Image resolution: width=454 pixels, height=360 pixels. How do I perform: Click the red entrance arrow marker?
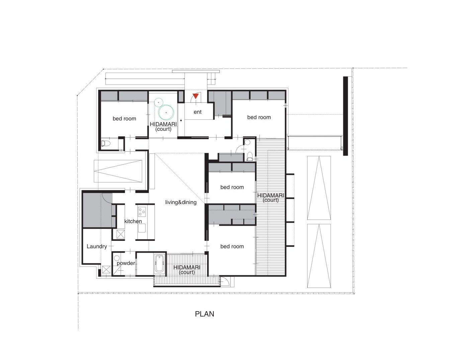[196, 96]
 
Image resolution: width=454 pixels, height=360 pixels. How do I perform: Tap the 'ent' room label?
[197, 112]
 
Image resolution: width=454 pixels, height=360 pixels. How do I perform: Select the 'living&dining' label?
[181, 202]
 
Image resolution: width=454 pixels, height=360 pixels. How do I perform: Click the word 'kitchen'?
[133, 221]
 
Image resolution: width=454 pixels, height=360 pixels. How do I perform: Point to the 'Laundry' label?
[97, 246]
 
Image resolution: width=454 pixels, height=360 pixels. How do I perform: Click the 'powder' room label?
[126, 263]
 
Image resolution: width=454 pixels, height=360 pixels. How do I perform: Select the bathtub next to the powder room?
[160, 264]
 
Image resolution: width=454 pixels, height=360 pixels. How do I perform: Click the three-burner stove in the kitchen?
[142, 212]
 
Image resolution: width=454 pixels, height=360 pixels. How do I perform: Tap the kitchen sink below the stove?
[142, 228]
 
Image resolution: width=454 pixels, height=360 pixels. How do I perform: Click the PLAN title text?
[204, 314]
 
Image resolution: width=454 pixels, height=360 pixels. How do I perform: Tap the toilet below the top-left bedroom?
[106, 144]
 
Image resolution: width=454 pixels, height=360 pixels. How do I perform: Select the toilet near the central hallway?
[250, 156]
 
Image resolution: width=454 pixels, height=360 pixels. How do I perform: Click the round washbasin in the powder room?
[117, 258]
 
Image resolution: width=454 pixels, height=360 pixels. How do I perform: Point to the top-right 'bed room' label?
[259, 117]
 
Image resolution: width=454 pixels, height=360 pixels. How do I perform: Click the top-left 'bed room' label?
[124, 118]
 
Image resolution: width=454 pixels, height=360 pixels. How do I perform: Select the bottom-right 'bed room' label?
[232, 246]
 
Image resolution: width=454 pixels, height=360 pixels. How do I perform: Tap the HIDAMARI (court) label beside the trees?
[163, 126]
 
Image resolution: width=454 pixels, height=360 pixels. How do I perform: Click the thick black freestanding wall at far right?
[345, 116]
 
